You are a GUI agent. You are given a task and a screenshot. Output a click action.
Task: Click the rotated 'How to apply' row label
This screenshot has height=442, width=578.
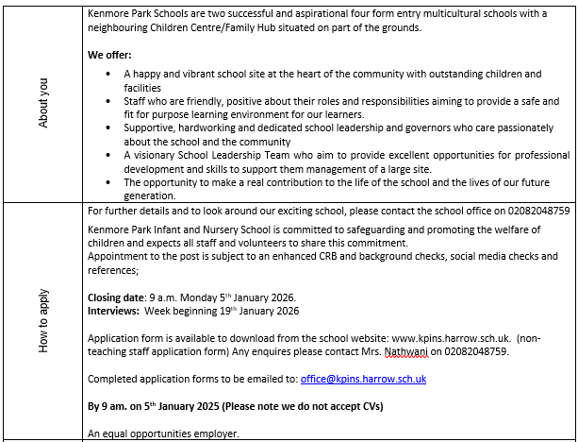42,321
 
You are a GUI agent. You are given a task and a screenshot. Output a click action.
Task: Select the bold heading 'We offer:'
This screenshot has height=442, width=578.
109,56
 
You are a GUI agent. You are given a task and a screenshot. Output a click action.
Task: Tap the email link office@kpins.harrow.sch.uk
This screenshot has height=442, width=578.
363,379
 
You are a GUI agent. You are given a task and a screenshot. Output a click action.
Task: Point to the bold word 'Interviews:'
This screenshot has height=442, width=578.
115,311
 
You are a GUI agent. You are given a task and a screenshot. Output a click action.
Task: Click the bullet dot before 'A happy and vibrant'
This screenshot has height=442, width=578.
111,74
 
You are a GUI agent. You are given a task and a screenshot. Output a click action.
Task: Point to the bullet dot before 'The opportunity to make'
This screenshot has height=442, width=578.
111,182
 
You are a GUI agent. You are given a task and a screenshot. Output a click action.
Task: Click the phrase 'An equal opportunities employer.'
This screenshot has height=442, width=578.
163,433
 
